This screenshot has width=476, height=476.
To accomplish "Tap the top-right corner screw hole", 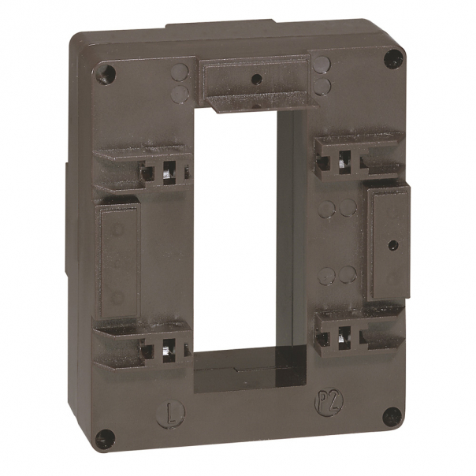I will (x=391, y=58).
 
